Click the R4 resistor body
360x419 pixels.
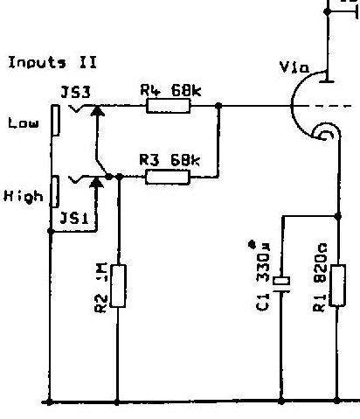point(168,106)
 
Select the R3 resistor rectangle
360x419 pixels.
point(168,177)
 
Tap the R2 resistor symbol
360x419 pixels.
point(118,286)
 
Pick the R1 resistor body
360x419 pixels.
point(337,285)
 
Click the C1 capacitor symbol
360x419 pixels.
point(281,283)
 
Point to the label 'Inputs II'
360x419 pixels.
point(52,63)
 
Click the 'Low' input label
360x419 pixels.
point(24,123)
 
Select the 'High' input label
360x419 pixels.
point(24,196)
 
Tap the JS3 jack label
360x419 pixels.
point(76,93)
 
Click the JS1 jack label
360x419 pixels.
point(74,218)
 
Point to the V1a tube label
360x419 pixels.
point(294,67)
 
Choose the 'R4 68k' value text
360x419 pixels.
point(170,90)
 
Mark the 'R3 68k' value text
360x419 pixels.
point(170,160)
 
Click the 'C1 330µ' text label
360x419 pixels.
point(263,276)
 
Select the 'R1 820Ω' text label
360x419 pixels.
point(320,277)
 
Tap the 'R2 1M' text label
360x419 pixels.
point(101,288)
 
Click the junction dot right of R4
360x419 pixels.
point(218,106)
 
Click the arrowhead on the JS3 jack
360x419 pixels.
point(97,111)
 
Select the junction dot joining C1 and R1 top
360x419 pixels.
point(338,216)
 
